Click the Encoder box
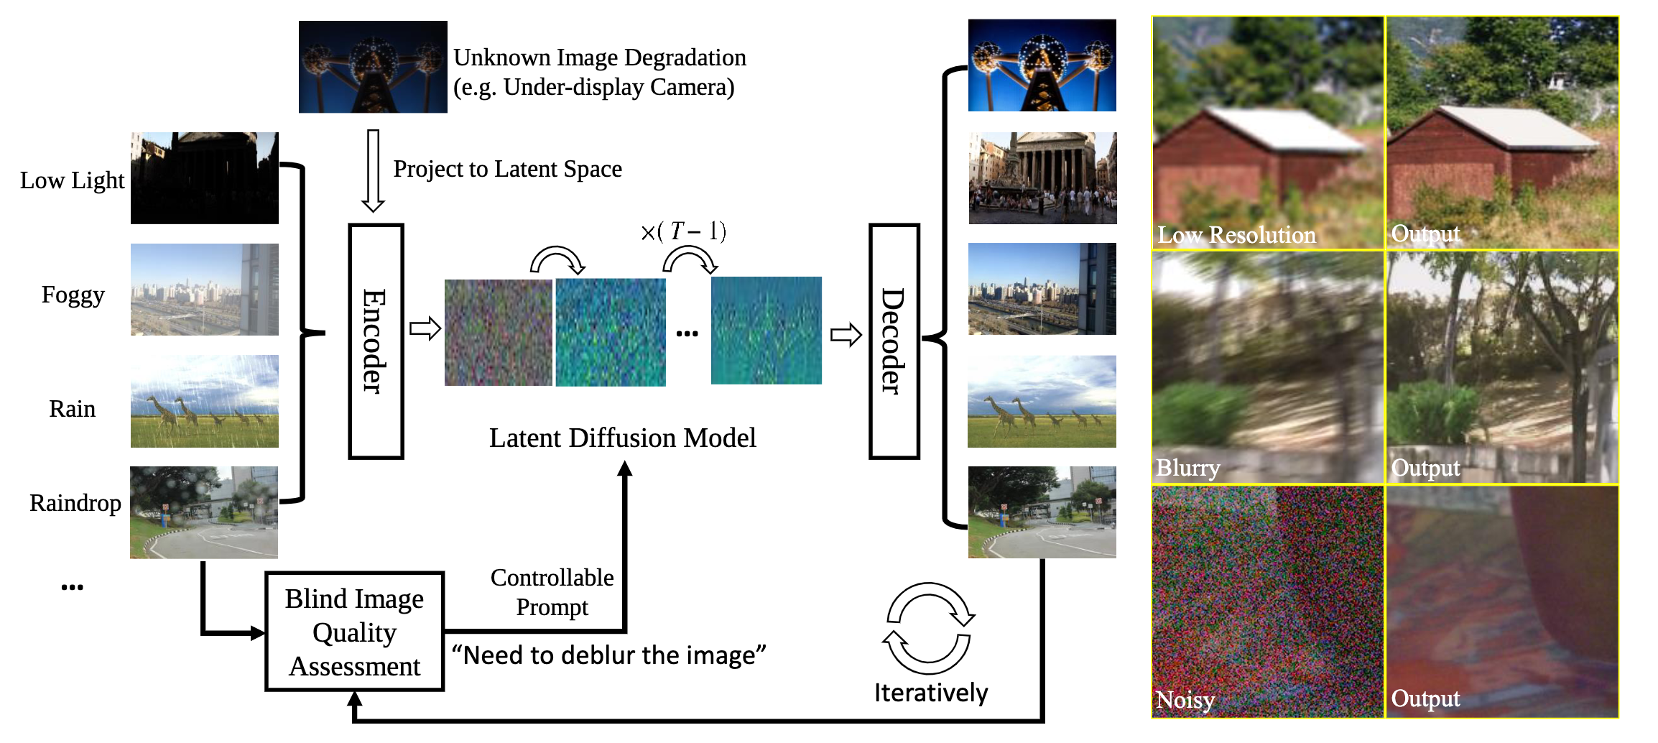(376, 341)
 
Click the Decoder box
(894, 341)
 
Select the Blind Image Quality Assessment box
(355, 632)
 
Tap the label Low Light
(72, 180)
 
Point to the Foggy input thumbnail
(205, 290)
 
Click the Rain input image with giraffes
(205, 401)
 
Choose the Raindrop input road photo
(204, 512)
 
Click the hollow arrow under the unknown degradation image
(373, 171)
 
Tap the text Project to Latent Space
(507, 169)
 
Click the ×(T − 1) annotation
(683, 231)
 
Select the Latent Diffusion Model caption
(622, 438)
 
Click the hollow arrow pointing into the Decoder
(846, 335)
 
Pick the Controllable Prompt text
(552, 592)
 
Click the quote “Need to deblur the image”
(608, 655)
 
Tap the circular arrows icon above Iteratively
(928, 623)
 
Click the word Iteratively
(931, 693)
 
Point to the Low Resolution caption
(1236, 234)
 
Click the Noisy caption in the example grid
(1185, 699)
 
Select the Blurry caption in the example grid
(1188, 468)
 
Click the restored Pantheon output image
(1042, 178)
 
